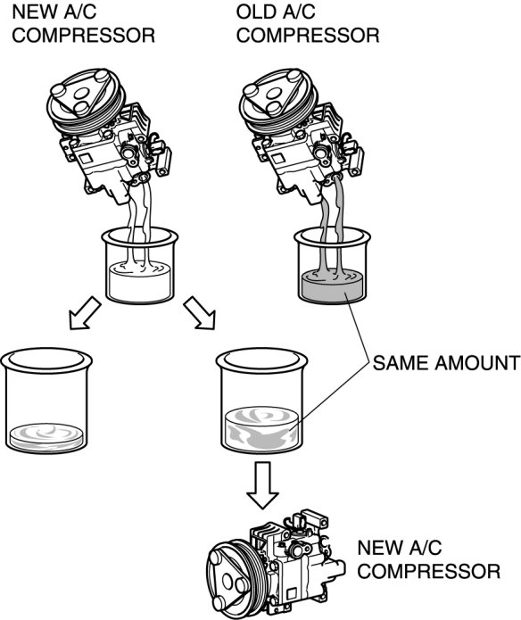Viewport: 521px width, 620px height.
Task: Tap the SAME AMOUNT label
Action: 446,362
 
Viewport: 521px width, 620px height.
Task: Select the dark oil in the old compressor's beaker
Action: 332,286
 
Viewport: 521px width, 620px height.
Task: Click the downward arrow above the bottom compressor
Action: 262,485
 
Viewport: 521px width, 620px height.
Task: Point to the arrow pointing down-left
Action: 84,313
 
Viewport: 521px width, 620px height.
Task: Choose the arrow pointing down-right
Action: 200,313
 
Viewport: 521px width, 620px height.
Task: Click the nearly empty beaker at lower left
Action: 46,401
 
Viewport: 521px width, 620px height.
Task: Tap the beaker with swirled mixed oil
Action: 261,401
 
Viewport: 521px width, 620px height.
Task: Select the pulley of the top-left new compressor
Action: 87,101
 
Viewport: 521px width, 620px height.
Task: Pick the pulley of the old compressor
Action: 278,101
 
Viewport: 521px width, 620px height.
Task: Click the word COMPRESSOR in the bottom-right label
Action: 429,572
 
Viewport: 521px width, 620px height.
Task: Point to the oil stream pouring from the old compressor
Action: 333,226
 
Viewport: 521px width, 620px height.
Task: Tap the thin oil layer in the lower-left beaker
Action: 46,437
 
